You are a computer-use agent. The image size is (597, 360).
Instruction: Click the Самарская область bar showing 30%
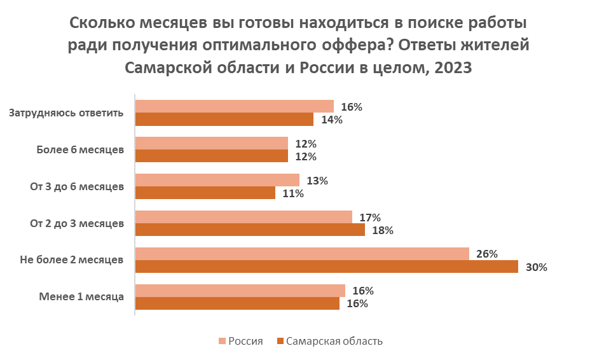[x=327, y=267]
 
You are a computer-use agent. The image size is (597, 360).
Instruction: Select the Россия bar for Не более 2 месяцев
[x=302, y=254]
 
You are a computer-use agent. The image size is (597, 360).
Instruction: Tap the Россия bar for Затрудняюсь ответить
[x=235, y=107]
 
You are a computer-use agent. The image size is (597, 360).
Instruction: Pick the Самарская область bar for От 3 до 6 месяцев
[x=205, y=193]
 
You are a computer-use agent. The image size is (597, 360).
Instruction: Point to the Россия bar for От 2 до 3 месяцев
[x=244, y=218]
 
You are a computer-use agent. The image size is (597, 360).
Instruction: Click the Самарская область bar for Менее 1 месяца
[x=237, y=303]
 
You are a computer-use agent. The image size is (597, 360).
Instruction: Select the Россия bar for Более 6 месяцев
[x=212, y=144]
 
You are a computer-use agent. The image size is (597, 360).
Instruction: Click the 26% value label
[x=486, y=254]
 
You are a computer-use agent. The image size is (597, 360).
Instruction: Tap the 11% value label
[x=292, y=193]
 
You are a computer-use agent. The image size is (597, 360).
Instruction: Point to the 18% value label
[x=382, y=230]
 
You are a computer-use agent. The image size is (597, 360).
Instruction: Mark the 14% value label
[x=331, y=120]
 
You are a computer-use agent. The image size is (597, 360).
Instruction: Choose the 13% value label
[x=317, y=181]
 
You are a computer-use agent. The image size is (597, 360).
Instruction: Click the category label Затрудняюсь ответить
[x=66, y=113]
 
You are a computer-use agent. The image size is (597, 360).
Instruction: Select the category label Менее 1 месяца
[x=81, y=296]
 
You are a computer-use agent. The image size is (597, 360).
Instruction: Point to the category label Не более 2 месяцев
[x=72, y=260]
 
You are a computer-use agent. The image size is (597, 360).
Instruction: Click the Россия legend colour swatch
[x=221, y=341]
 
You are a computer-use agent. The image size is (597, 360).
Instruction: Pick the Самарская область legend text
[x=334, y=341]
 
